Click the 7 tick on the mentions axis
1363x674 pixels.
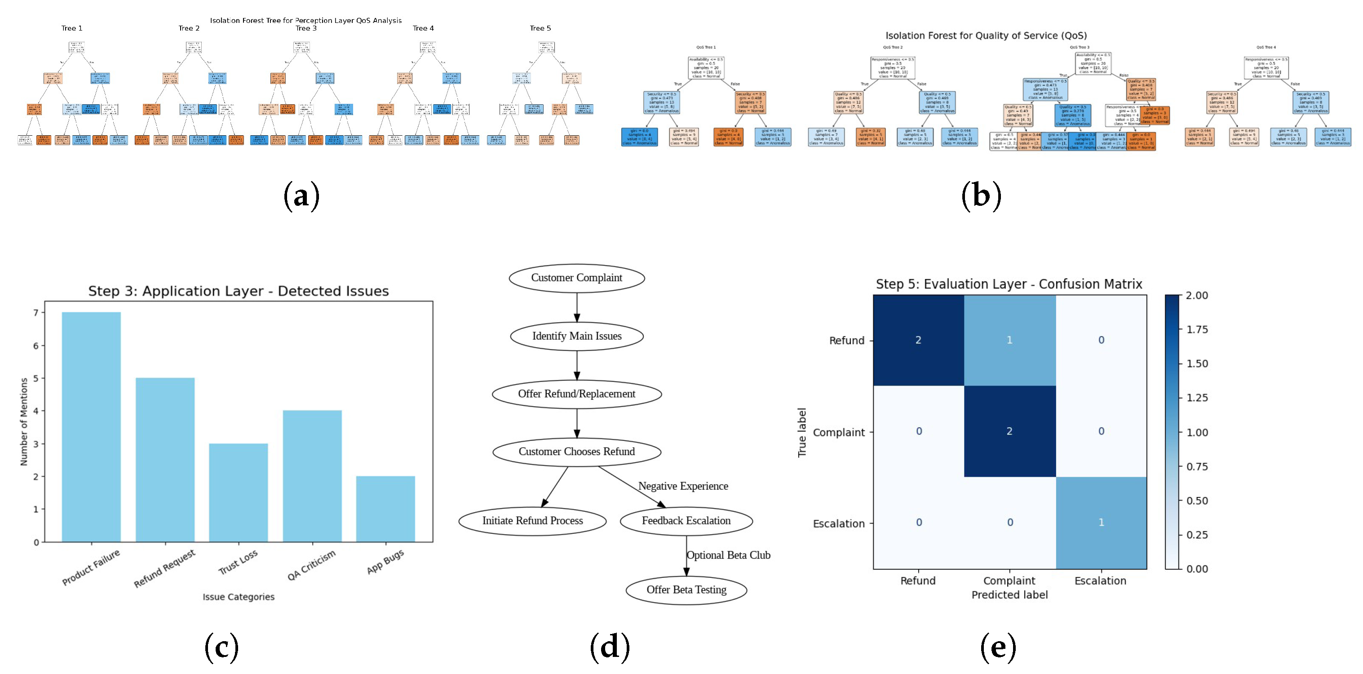pos(36,313)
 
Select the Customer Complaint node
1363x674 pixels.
pos(577,278)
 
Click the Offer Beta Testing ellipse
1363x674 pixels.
pos(686,590)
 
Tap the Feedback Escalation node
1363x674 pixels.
pos(686,521)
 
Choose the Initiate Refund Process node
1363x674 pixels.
pos(532,521)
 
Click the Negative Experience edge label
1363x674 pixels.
pos(683,486)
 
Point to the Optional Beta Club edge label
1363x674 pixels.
pos(728,555)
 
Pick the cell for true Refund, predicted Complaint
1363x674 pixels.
pos(1009,340)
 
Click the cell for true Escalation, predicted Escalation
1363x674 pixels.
pos(1101,523)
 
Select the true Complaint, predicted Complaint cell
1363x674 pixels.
pos(1009,431)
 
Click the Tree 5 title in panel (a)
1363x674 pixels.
pos(540,28)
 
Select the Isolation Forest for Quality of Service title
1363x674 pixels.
pos(986,35)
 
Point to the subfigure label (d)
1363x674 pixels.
pos(610,647)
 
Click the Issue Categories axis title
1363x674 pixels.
pos(239,597)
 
